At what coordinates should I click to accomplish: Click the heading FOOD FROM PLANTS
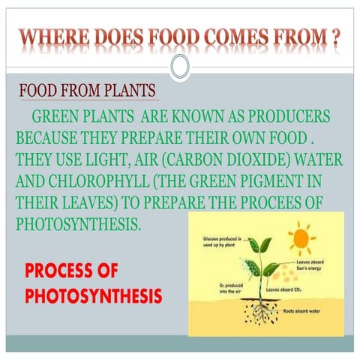[x=88, y=92]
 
